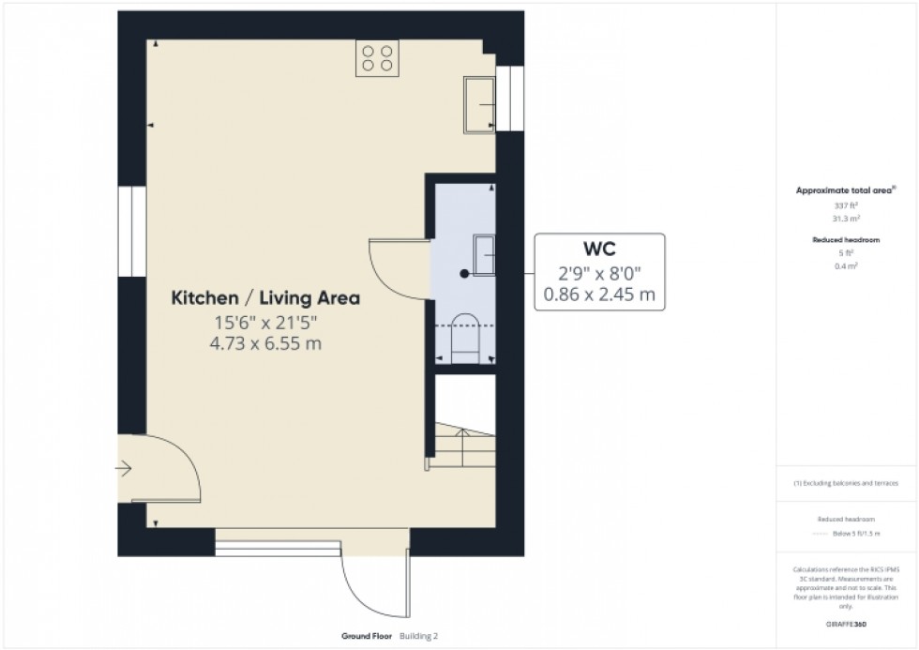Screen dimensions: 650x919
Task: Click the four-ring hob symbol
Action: tap(378, 58)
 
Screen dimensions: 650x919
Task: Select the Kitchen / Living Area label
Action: tap(265, 299)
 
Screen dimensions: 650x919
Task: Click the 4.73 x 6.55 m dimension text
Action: tap(265, 343)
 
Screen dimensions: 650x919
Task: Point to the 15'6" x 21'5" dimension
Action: tap(265, 323)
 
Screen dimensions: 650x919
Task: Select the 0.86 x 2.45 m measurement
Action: tap(599, 296)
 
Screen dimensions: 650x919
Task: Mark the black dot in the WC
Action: tap(464, 274)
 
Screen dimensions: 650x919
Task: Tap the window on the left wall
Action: tap(131, 231)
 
